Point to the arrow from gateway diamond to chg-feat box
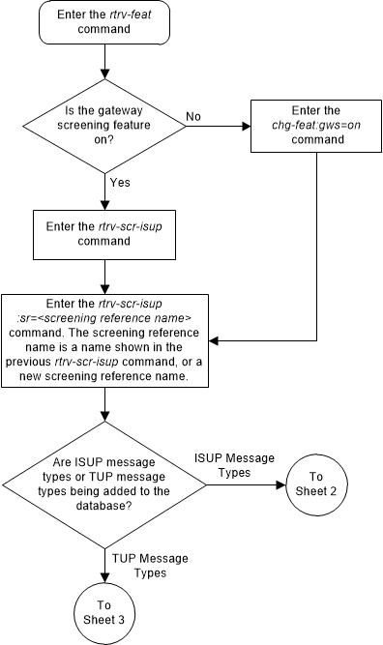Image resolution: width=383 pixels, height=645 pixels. (x=218, y=123)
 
